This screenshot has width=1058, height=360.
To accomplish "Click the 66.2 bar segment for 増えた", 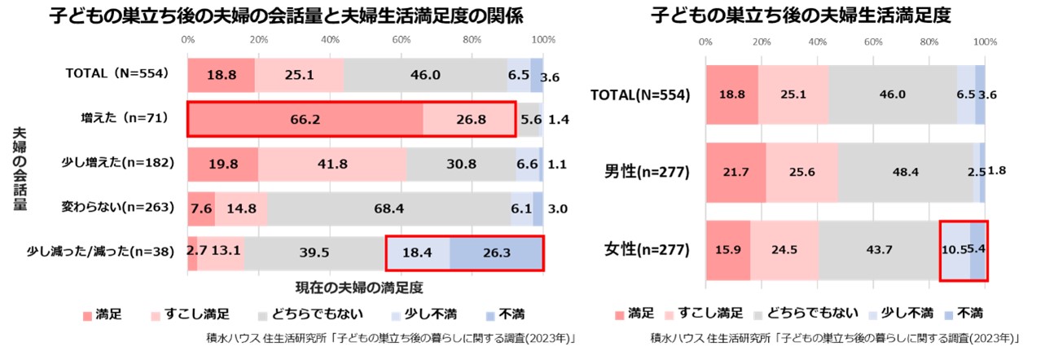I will coord(305,119).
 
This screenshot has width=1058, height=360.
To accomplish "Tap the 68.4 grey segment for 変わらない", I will coord(389,208).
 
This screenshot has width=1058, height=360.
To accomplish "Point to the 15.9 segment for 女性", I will coord(727,250).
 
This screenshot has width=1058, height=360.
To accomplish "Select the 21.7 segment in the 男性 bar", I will coord(735,172).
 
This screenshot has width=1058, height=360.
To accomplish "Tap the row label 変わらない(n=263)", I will coord(118,207).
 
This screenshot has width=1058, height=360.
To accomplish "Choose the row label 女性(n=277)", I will coord(647,250).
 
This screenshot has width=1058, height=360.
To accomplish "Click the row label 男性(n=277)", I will coord(647,172).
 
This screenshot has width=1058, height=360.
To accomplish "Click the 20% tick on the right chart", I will coord(762,42).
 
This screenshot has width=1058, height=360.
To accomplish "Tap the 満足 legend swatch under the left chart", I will coord(87,314).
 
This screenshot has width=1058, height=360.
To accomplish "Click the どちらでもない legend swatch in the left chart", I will coord(262,314).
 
